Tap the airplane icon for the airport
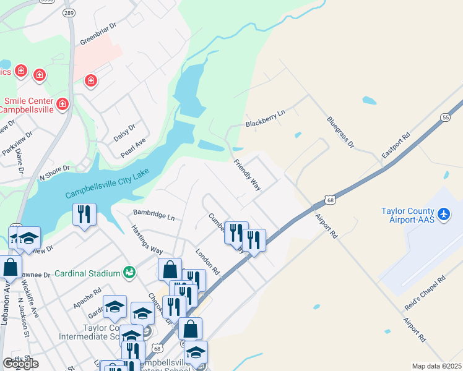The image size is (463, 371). [x=444, y=214]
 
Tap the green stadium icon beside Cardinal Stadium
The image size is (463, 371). [x=129, y=271]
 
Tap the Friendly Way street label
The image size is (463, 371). [x=248, y=174]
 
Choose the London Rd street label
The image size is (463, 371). [x=207, y=262]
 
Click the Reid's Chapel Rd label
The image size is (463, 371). [x=425, y=290]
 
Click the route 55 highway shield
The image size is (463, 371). [x=446, y=117]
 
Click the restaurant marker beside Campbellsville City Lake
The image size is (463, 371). [x=83, y=215]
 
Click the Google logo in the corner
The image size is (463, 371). [x=20, y=364]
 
